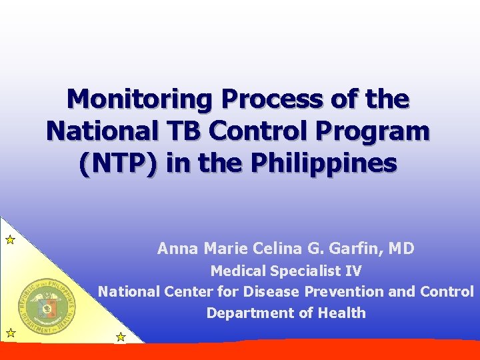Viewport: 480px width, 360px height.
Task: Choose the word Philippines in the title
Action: [324, 163]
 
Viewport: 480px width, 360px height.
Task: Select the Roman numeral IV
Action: [353, 271]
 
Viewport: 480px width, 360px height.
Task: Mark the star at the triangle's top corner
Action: [10, 240]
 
